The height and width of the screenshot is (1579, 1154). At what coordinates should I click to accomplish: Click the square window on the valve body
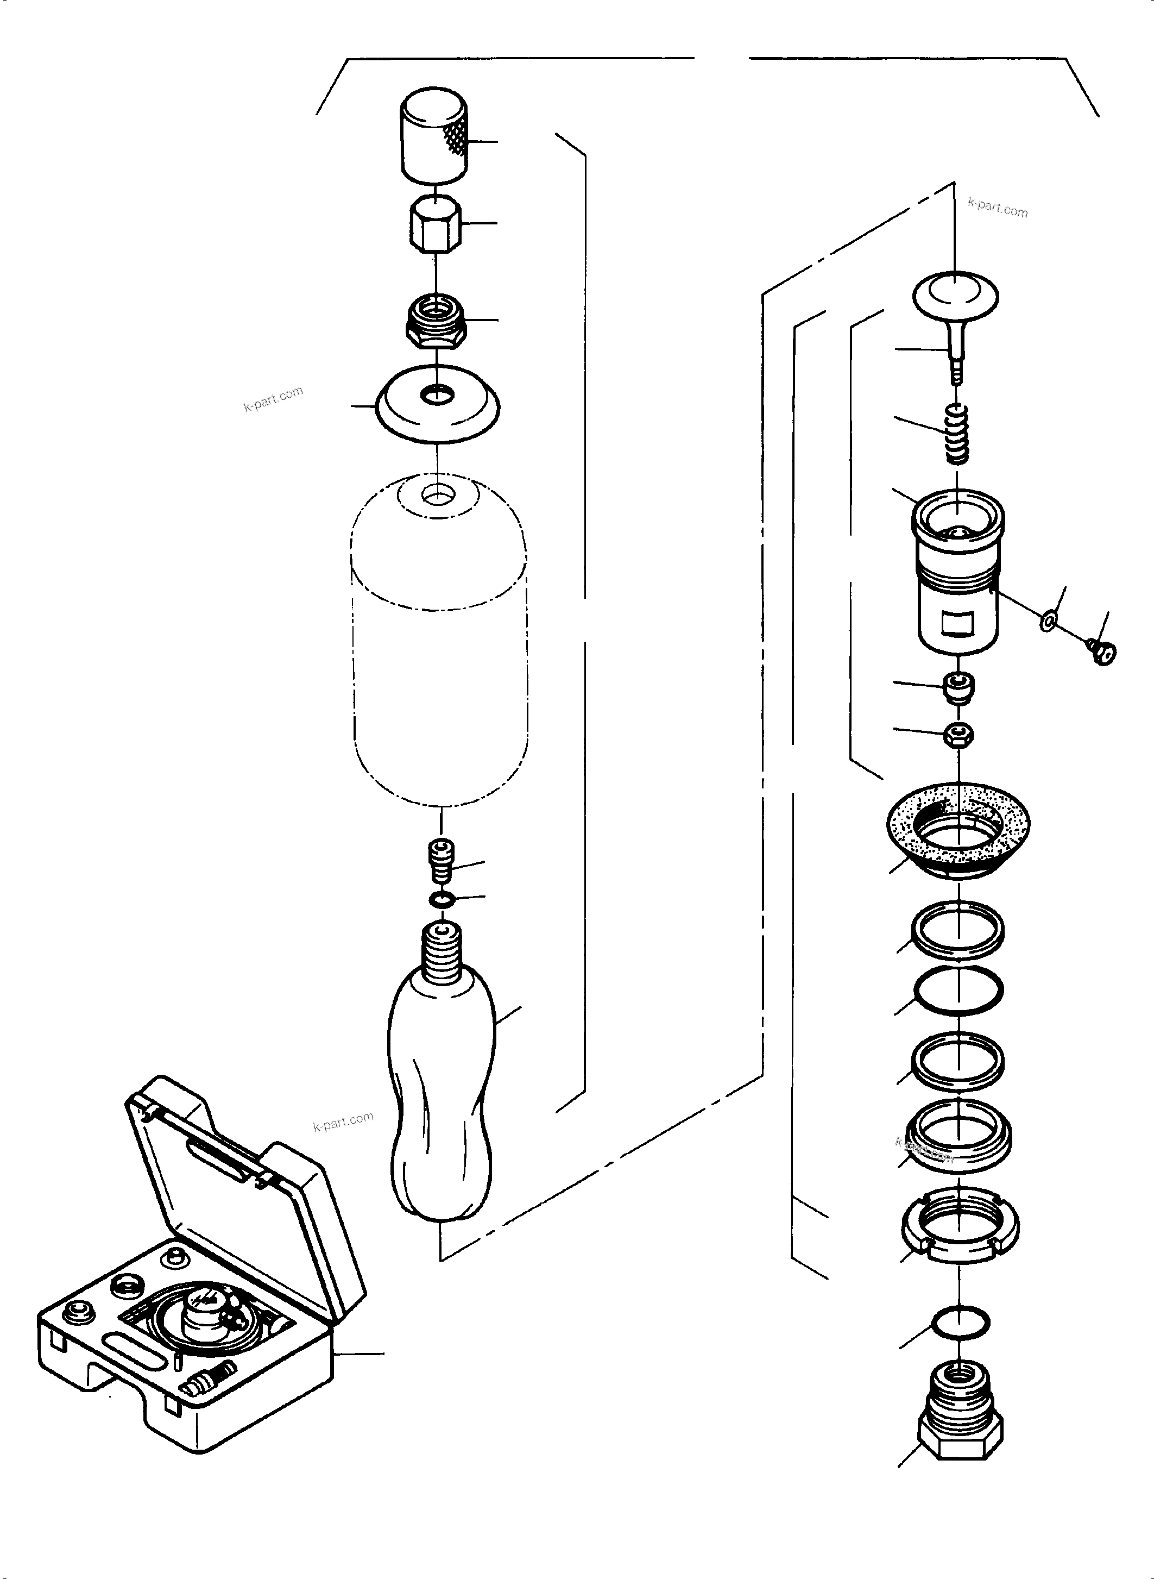click(x=958, y=623)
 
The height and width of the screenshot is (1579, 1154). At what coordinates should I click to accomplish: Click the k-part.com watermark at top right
click(x=997, y=208)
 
